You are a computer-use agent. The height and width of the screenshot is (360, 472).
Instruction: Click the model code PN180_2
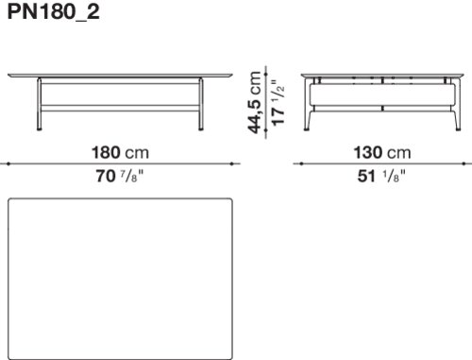click(x=53, y=12)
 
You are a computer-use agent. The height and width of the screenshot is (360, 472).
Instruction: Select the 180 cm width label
click(x=120, y=153)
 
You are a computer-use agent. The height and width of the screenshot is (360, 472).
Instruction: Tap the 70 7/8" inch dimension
click(x=120, y=176)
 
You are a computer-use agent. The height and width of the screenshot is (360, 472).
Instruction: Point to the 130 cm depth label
click(x=382, y=153)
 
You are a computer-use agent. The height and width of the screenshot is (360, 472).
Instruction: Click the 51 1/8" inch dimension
click(x=381, y=176)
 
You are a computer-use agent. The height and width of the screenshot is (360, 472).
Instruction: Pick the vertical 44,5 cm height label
click(x=254, y=102)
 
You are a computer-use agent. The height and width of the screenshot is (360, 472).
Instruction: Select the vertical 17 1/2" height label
click(x=278, y=103)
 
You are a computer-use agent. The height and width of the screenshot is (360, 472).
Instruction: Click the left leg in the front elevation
click(x=40, y=104)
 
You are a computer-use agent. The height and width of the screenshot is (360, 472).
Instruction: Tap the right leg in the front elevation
click(x=201, y=104)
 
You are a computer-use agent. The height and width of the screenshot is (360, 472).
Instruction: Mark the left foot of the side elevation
click(x=307, y=129)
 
